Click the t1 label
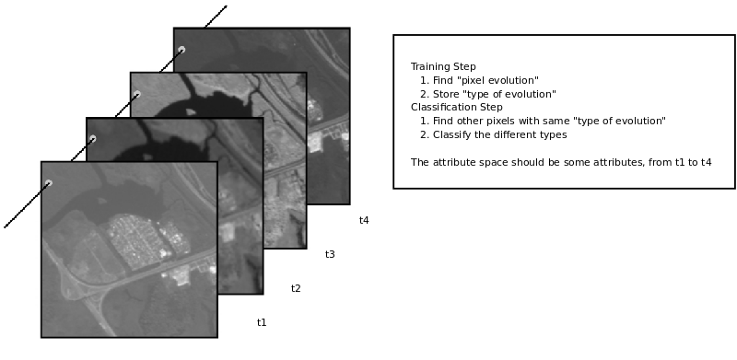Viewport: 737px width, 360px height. click(262, 322)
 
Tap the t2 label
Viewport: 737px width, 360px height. click(296, 288)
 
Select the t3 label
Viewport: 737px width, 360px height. click(330, 254)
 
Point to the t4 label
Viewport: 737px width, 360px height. click(364, 220)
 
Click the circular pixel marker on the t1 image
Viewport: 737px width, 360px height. click(49, 183)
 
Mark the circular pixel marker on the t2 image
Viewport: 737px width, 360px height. click(93, 139)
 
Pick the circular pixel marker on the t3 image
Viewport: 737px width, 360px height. click(136, 94)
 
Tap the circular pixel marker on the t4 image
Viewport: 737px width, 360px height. click(181, 50)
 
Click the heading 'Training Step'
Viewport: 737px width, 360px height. click(443, 66)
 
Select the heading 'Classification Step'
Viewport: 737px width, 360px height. click(457, 107)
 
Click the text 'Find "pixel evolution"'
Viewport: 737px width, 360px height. click(485, 80)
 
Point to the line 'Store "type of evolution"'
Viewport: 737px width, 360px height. click(495, 94)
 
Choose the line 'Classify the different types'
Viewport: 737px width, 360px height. click(499, 134)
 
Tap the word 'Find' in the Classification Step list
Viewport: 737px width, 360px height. click(443, 121)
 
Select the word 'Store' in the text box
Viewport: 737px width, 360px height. click(446, 94)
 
